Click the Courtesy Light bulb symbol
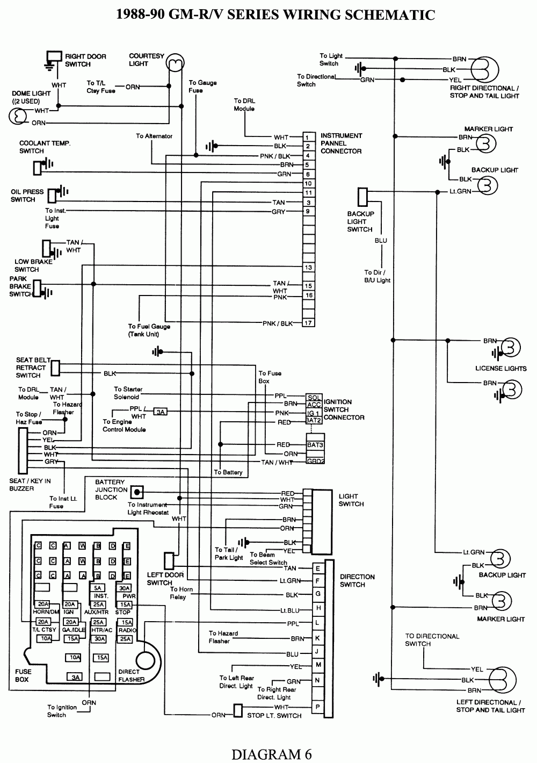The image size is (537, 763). [173, 63]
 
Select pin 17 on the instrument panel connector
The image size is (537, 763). [308, 323]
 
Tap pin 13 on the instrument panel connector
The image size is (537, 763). [308, 268]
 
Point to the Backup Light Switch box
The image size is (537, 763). [363, 196]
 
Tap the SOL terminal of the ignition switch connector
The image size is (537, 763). [314, 397]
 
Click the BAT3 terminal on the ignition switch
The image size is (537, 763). [314, 445]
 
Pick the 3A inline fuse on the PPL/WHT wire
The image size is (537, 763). [160, 412]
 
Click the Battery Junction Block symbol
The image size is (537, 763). [138, 492]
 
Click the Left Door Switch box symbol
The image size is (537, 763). [169, 561]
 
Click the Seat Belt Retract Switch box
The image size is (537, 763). [55, 368]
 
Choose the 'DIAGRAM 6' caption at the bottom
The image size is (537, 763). [271, 754]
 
